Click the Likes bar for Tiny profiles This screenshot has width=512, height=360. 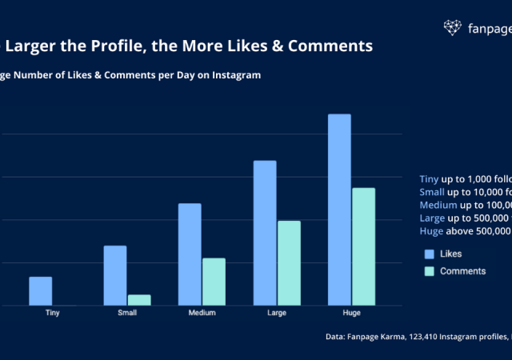pos(41,291)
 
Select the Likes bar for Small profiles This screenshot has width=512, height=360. pos(115,275)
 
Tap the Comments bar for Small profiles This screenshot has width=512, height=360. pos(139,300)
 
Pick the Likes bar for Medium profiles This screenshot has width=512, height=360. pos(190,254)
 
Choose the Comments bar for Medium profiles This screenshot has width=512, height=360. pos(214,282)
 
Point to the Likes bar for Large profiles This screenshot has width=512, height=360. pos(265,233)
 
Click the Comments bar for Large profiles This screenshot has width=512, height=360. pos(289,263)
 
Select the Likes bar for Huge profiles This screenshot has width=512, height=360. pos(339,210)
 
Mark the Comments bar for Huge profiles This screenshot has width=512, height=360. pos(363,246)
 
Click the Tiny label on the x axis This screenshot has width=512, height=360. pos(53,313)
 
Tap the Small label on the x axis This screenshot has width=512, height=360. pos(127,313)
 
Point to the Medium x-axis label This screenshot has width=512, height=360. pos(202,313)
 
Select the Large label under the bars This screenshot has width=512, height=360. pos(277,313)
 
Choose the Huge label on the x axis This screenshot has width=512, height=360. pos(351,313)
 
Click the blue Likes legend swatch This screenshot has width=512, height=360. pos(429,254)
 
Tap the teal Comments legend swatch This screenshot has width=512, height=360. pos(429,271)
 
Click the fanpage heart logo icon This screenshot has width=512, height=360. pos(453,28)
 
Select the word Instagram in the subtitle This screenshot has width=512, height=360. pos(233,75)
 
